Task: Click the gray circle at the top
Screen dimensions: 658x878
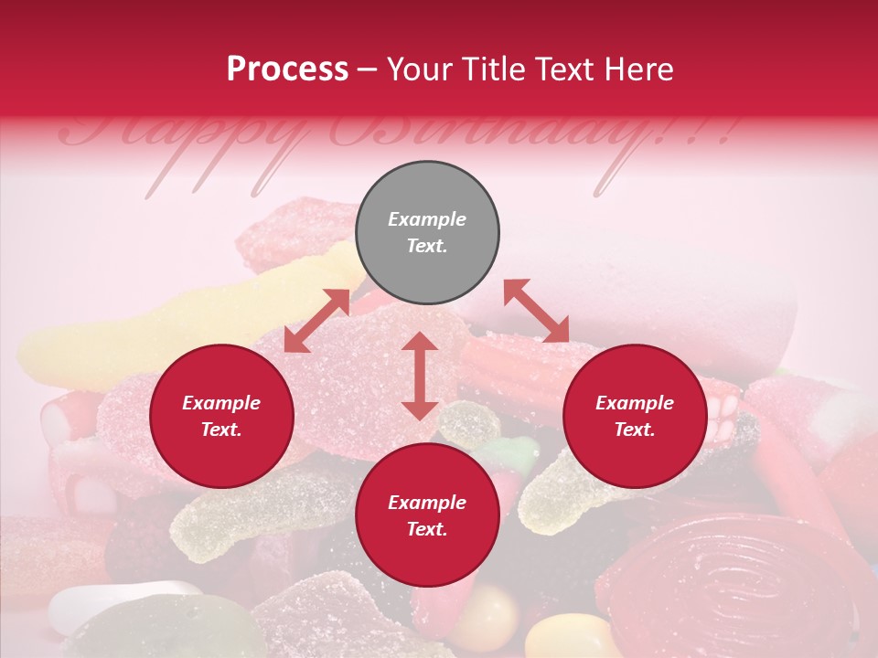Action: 427,233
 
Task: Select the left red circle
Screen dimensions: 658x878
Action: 221,417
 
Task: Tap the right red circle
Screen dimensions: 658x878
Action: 635,417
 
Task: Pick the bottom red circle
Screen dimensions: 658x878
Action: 427,515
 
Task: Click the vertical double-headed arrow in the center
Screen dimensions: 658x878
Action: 420,376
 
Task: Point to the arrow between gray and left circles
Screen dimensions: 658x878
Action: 316,320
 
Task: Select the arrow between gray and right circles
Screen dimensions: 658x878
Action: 536,311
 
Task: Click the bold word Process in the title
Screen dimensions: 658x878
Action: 287,69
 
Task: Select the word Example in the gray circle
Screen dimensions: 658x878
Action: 427,219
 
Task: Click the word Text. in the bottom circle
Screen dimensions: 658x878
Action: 427,529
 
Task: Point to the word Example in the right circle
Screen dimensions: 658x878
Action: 635,403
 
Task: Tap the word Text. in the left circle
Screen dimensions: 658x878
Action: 221,430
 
